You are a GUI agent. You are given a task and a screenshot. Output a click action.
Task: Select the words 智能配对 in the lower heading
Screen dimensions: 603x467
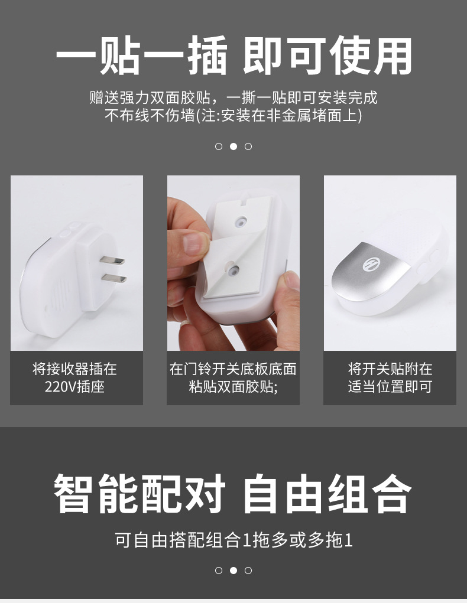click(x=140, y=493)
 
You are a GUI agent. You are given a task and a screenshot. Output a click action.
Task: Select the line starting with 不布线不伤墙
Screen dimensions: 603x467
click(x=234, y=116)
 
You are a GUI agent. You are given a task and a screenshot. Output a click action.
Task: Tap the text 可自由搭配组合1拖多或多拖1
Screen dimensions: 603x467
click(x=234, y=540)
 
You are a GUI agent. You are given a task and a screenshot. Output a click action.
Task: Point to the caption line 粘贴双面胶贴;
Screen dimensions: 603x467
click(x=233, y=387)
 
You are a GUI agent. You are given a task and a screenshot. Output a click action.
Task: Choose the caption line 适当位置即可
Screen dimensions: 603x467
click(x=390, y=387)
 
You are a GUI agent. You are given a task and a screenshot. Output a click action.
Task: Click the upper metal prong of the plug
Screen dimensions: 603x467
click(x=112, y=259)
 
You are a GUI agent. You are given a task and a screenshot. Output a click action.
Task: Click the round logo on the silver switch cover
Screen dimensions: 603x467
click(x=371, y=265)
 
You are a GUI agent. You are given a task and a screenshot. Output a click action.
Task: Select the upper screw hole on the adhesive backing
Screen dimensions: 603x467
click(x=241, y=221)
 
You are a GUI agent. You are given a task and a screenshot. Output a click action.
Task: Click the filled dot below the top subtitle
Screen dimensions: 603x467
click(x=234, y=146)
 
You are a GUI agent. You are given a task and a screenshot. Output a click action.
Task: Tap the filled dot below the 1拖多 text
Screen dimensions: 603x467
click(x=234, y=571)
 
